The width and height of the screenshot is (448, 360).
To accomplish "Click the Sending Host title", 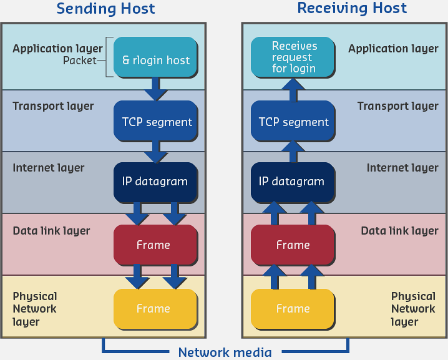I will click(105, 9).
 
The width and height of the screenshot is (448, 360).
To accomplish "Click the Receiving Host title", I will click(352, 9).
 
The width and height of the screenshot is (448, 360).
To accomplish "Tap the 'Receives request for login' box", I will click(293, 57).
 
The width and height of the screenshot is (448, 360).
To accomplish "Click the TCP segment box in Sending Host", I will click(155, 121).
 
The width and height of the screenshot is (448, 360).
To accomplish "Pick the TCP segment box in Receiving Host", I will click(293, 121).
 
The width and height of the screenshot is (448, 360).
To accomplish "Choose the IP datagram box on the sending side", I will click(155, 182).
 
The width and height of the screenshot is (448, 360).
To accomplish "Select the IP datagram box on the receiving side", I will click(293, 182).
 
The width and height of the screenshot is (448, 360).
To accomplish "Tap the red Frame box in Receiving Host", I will click(293, 245).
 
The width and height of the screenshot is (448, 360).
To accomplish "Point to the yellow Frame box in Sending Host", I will click(155, 309).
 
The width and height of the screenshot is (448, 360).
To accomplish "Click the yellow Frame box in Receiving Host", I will click(293, 309).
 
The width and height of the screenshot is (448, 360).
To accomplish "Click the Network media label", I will click(225, 353).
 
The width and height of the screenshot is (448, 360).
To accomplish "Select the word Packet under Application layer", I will click(80, 61).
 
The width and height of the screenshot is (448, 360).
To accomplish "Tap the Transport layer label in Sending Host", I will click(53, 106).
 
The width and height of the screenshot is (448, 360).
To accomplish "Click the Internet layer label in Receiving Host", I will click(402, 168).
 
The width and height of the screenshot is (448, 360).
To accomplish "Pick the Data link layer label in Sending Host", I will click(51, 231).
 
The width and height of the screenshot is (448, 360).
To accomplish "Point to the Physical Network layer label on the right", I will click(412, 309).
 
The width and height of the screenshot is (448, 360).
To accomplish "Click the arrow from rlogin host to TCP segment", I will click(155, 89).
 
